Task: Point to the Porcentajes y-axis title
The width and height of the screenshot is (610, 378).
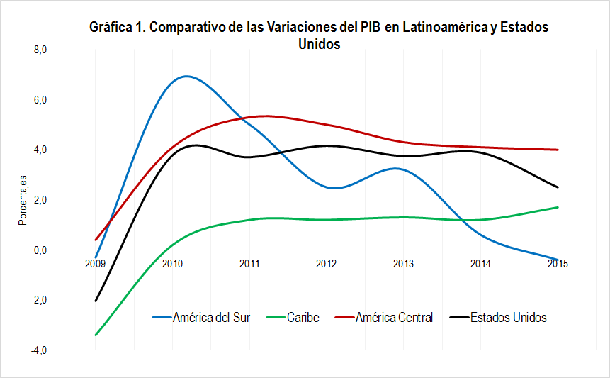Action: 22,200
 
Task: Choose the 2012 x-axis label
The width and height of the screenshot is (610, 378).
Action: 327,264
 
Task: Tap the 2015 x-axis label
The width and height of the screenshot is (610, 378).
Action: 558,264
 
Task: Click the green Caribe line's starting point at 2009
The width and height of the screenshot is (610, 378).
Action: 96,335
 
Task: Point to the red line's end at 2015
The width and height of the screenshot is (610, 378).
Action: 558,150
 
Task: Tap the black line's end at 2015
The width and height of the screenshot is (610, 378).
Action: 558,187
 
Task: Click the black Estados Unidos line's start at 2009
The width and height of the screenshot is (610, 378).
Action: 96,301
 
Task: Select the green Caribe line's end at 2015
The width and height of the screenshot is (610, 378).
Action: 558,207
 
